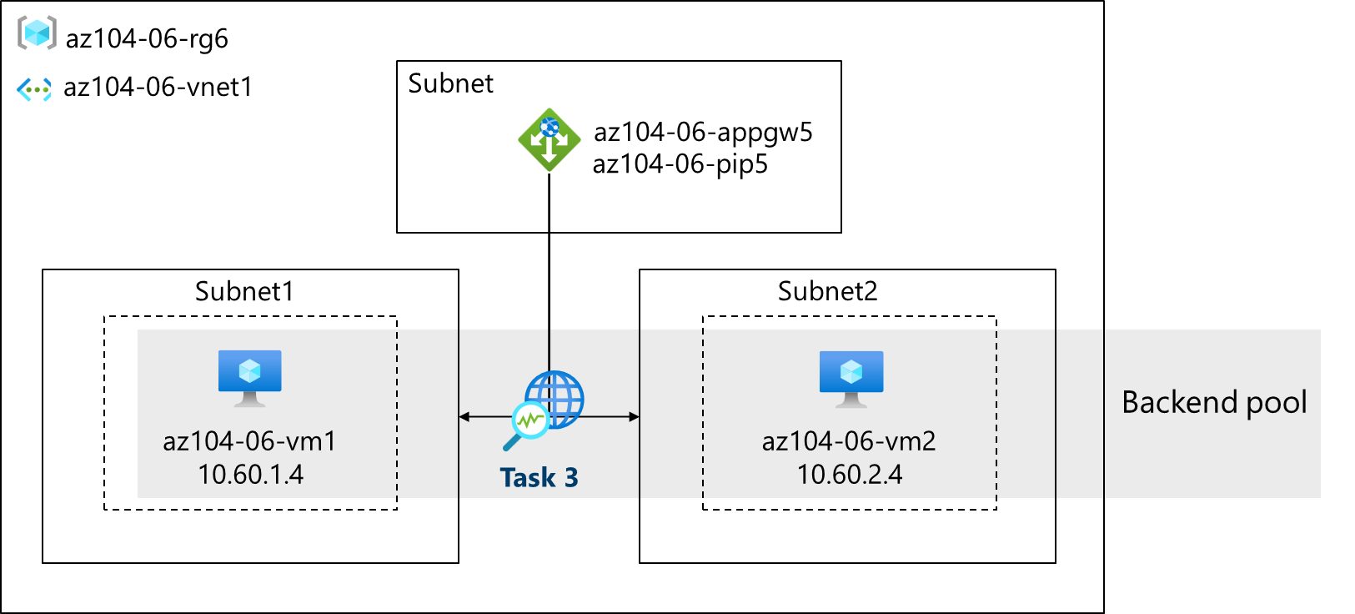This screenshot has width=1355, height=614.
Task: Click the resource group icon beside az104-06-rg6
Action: point(37,33)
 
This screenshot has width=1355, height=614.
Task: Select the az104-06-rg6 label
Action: point(147,38)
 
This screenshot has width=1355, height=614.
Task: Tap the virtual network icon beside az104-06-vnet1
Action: point(34,88)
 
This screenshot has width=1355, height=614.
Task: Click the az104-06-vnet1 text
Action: point(158,87)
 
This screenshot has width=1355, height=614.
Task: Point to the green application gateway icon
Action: point(549,139)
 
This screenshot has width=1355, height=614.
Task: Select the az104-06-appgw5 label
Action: point(702,132)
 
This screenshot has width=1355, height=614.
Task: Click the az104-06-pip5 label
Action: point(680,164)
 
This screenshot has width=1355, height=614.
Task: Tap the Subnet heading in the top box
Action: point(450,83)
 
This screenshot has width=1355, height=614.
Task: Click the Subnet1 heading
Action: point(244,291)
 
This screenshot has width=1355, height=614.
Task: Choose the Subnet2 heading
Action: point(827,291)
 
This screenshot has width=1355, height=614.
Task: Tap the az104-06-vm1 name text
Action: point(249,440)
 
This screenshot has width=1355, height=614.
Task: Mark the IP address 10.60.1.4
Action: point(250,475)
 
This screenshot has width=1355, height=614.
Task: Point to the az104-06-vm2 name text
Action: point(849,440)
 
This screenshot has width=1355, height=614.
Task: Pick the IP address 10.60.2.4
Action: point(849,475)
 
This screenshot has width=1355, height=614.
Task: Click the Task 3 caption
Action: point(539,477)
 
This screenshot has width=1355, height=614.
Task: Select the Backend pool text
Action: point(1214,402)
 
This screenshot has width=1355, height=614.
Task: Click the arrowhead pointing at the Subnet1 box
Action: point(464,416)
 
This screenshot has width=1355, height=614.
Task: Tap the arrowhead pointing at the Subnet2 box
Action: point(634,416)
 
